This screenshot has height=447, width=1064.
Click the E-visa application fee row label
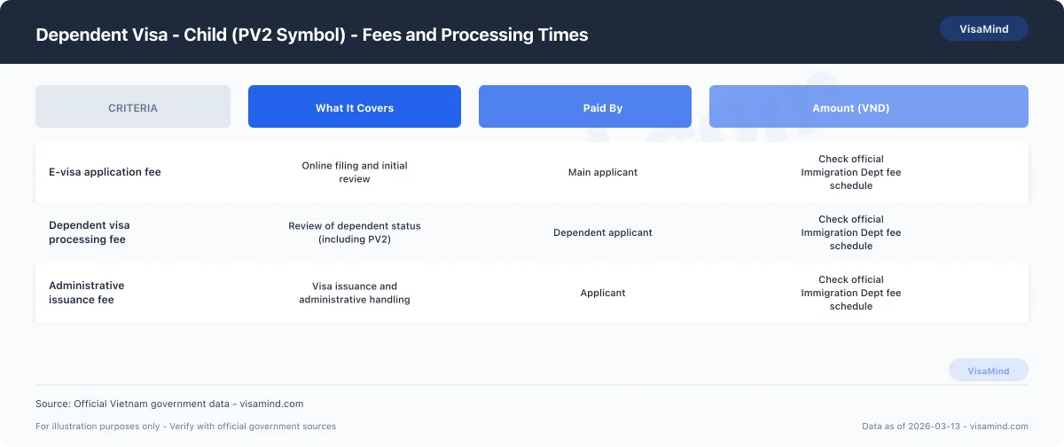click(105, 172)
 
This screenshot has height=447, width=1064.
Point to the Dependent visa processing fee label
click(90, 232)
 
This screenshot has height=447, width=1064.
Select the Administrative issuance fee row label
click(87, 293)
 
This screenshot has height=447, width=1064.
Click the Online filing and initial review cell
click(355, 172)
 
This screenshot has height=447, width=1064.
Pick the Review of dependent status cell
click(355, 232)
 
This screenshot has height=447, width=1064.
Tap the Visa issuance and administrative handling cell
click(355, 293)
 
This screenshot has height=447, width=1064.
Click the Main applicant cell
click(603, 172)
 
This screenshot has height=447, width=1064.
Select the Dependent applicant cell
click(603, 232)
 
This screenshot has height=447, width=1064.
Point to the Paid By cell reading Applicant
click(603, 293)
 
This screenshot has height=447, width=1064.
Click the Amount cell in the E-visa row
click(850, 172)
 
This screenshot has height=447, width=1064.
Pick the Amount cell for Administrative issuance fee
click(850, 293)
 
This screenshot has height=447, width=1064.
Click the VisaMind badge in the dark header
click(983, 28)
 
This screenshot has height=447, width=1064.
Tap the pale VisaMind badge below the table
click(989, 371)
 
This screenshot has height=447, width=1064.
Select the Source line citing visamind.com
click(169, 404)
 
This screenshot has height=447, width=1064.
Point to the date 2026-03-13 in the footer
click(935, 426)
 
